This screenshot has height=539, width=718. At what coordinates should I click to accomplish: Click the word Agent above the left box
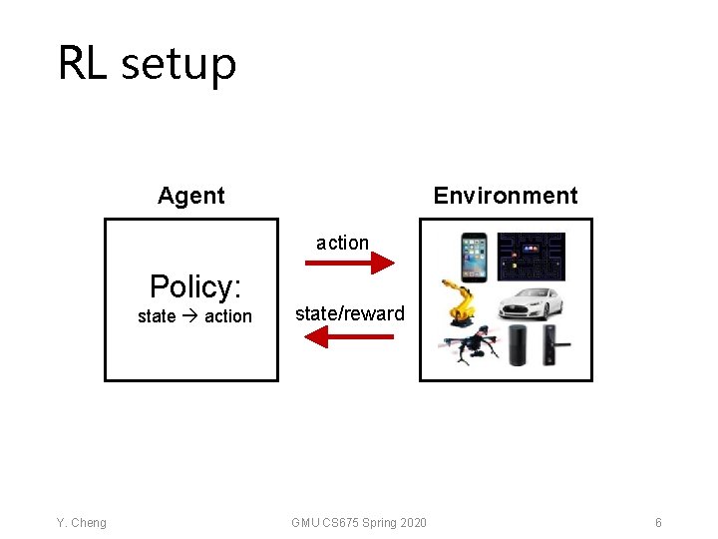[x=190, y=196]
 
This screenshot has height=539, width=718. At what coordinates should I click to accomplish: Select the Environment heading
[x=505, y=196]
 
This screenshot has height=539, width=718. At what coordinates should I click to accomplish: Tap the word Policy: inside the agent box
[x=195, y=287]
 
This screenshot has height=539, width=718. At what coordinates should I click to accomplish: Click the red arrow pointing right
[x=349, y=263]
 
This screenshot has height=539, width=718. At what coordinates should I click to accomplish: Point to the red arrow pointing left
[x=348, y=337]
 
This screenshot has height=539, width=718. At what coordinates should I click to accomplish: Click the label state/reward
[x=349, y=313]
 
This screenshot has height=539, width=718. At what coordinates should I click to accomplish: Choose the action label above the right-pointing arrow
[x=342, y=243]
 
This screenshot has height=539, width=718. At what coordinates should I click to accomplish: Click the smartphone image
[x=473, y=256]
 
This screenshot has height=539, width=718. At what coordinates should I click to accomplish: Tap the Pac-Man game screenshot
[x=531, y=256]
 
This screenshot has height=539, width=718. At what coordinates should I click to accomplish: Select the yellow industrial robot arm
[x=464, y=303]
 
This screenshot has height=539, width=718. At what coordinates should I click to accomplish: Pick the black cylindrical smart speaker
[x=518, y=345]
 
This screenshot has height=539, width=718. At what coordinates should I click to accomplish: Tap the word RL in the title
[x=83, y=63]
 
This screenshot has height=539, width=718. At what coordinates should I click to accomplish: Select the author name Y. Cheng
[x=82, y=523]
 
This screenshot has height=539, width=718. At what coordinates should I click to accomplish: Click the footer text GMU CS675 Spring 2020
[x=359, y=523]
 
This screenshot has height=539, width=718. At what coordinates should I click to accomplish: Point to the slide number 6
[x=658, y=523]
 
